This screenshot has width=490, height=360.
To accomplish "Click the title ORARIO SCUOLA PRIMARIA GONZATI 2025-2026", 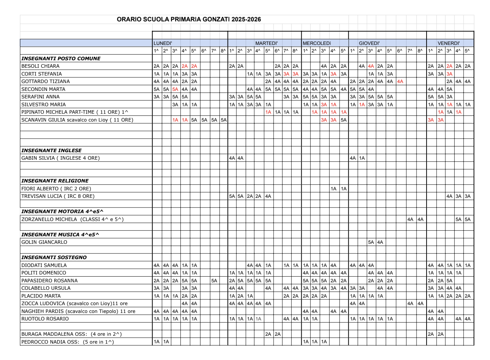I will [x=189, y=19].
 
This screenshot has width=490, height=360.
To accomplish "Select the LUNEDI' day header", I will [x=163, y=43].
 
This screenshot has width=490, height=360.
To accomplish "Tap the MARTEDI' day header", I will [x=266, y=43].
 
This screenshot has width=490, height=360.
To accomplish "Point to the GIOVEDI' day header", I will [x=369, y=43].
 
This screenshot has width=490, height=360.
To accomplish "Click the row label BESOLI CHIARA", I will [x=40, y=66].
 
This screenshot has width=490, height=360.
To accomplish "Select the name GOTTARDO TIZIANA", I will [x=45, y=81].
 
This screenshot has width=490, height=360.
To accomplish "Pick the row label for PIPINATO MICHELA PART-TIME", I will [x=75, y=112].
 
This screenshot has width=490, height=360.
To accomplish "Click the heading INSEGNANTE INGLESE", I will [x=51, y=150].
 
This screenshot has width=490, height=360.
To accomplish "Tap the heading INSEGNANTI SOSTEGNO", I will [x=54, y=257].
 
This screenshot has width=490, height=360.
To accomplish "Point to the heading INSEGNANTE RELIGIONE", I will [x=55, y=181].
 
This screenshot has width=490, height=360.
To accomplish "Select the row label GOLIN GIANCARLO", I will [x=44, y=242].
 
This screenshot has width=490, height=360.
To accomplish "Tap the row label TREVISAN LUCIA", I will [x=58, y=196].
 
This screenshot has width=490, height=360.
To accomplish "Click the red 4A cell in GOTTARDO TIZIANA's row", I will [x=400, y=81].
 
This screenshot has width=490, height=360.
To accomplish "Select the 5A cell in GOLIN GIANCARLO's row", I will [x=371, y=242].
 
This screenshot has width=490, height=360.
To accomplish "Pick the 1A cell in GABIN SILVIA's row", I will [x=362, y=158].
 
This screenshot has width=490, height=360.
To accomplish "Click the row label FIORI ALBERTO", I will [x=56, y=189].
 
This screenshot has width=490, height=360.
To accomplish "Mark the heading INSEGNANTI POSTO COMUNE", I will [x=61, y=58].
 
